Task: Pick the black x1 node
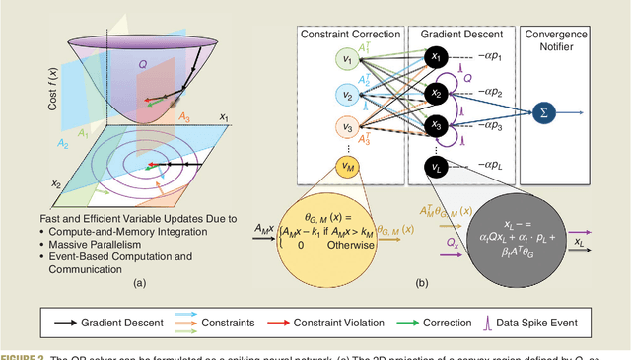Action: click(434, 58)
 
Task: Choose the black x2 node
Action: click(434, 93)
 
